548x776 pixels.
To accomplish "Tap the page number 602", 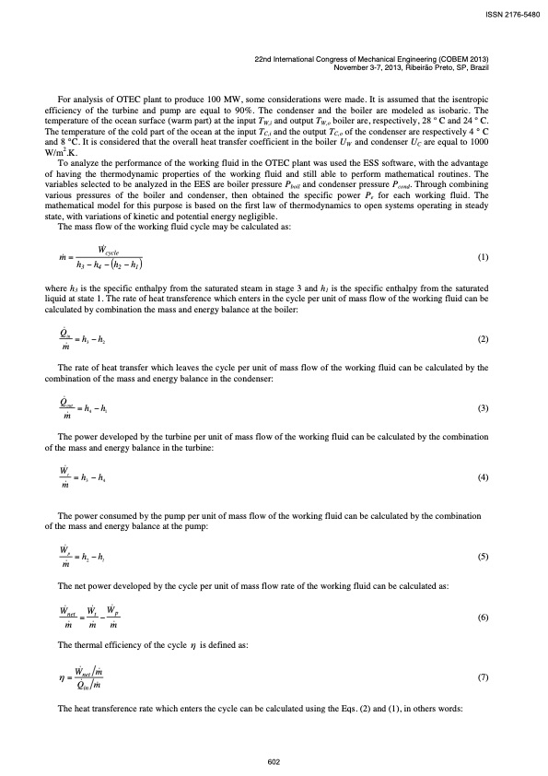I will [x=274, y=761].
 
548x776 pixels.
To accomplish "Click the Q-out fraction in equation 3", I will [x=67, y=408].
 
